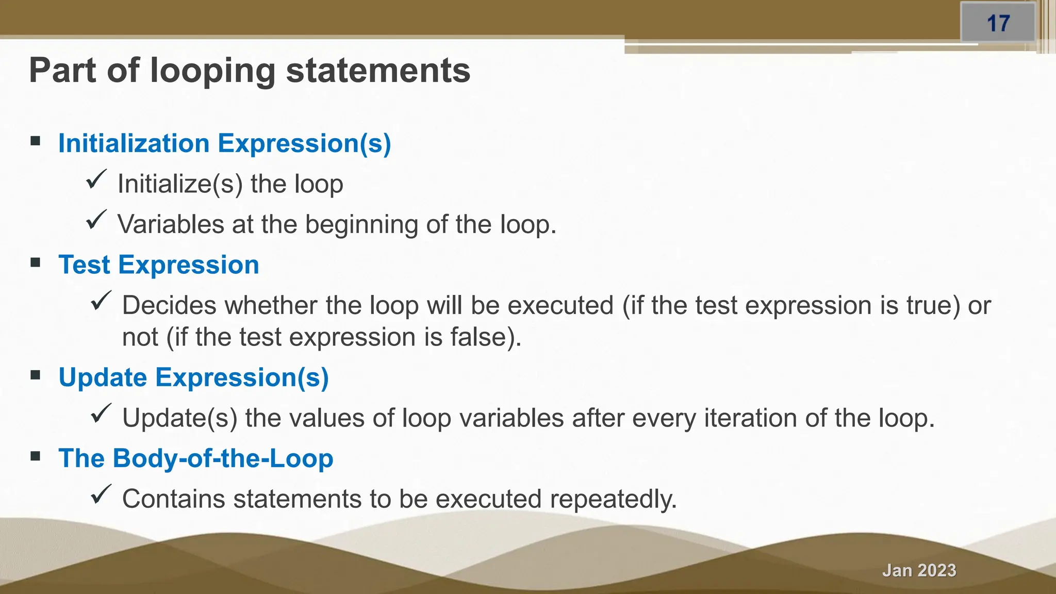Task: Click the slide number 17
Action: point(998,23)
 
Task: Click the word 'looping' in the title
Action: point(212,71)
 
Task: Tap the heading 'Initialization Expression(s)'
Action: point(224,143)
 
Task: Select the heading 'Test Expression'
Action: point(158,265)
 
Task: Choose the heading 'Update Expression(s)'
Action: point(193,377)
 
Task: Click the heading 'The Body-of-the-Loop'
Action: point(195,458)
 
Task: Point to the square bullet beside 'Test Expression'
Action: point(36,263)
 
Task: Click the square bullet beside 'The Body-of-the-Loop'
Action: point(36,456)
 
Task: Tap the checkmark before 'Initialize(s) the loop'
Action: point(96,179)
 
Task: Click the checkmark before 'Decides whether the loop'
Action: point(101,301)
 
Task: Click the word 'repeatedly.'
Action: point(613,499)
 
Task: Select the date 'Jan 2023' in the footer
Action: point(919,570)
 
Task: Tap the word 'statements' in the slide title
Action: point(378,70)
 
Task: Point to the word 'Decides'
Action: point(169,305)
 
